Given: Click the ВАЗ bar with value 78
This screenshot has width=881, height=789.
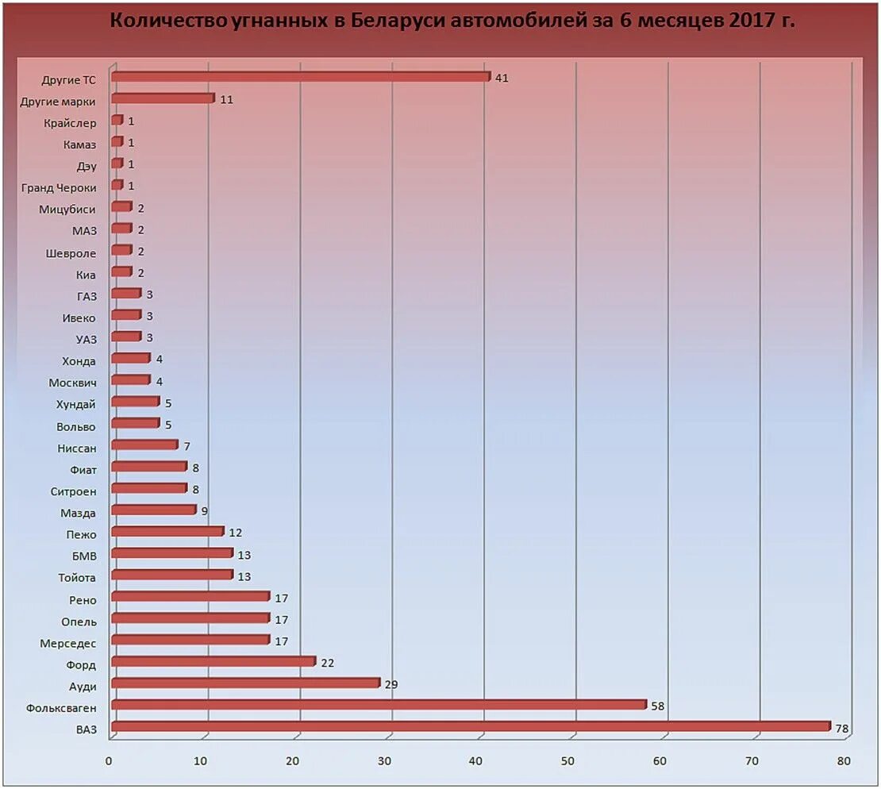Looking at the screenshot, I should tap(471, 726).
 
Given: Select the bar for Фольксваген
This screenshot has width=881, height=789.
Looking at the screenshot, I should tap(379, 705).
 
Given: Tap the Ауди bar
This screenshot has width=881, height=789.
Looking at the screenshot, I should tap(245, 683).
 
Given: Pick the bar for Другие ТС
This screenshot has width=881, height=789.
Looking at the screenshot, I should tap(301, 77).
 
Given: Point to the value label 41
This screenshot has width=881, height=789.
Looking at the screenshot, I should tap(501, 79).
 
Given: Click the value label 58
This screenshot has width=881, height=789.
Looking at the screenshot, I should tap(657, 706).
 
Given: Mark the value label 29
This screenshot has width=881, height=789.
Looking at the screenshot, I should tap(390, 684).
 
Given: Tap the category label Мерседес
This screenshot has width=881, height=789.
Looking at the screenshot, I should tap(67, 643).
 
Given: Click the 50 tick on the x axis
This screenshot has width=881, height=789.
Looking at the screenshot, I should tap(567, 761).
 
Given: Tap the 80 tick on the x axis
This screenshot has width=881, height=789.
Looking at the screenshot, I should tap(843, 761).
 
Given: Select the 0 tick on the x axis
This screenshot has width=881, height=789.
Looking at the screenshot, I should tap(109, 761).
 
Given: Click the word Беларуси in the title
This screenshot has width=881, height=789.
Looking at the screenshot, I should tap(397, 21).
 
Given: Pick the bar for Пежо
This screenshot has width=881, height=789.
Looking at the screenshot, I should tap(167, 531).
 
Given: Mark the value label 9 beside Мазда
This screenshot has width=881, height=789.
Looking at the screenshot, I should tap(204, 511).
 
